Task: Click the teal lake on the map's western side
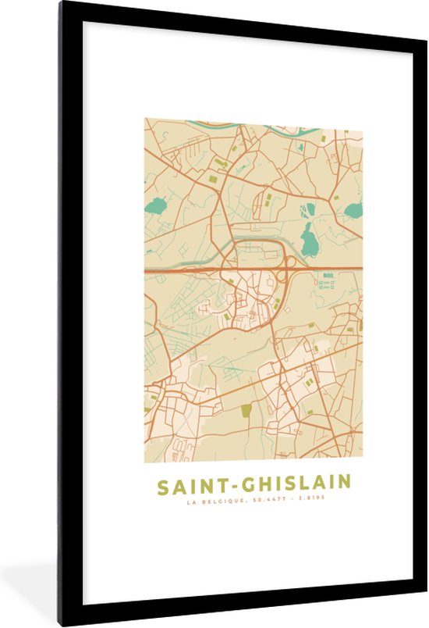tap(158, 208)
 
